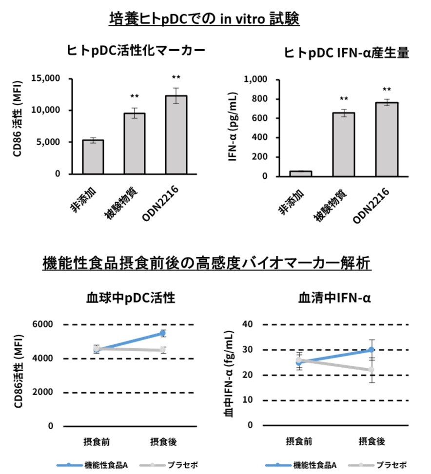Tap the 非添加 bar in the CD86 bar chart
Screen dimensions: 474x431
pyautogui.click(x=93, y=156)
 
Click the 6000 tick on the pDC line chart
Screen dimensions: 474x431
pyautogui.click(x=44, y=324)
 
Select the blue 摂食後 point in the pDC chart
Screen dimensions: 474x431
pyautogui.click(x=163, y=333)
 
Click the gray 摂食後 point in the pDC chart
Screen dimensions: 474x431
pyautogui.click(x=163, y=350)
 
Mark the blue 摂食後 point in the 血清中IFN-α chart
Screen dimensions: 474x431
pyautogui.click(x=371, y=349)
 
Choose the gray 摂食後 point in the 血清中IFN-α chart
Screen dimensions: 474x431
pyautogui.click(x=371, y=370)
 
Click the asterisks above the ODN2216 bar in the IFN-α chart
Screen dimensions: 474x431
pyautogui.click(x=387, y=90)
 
